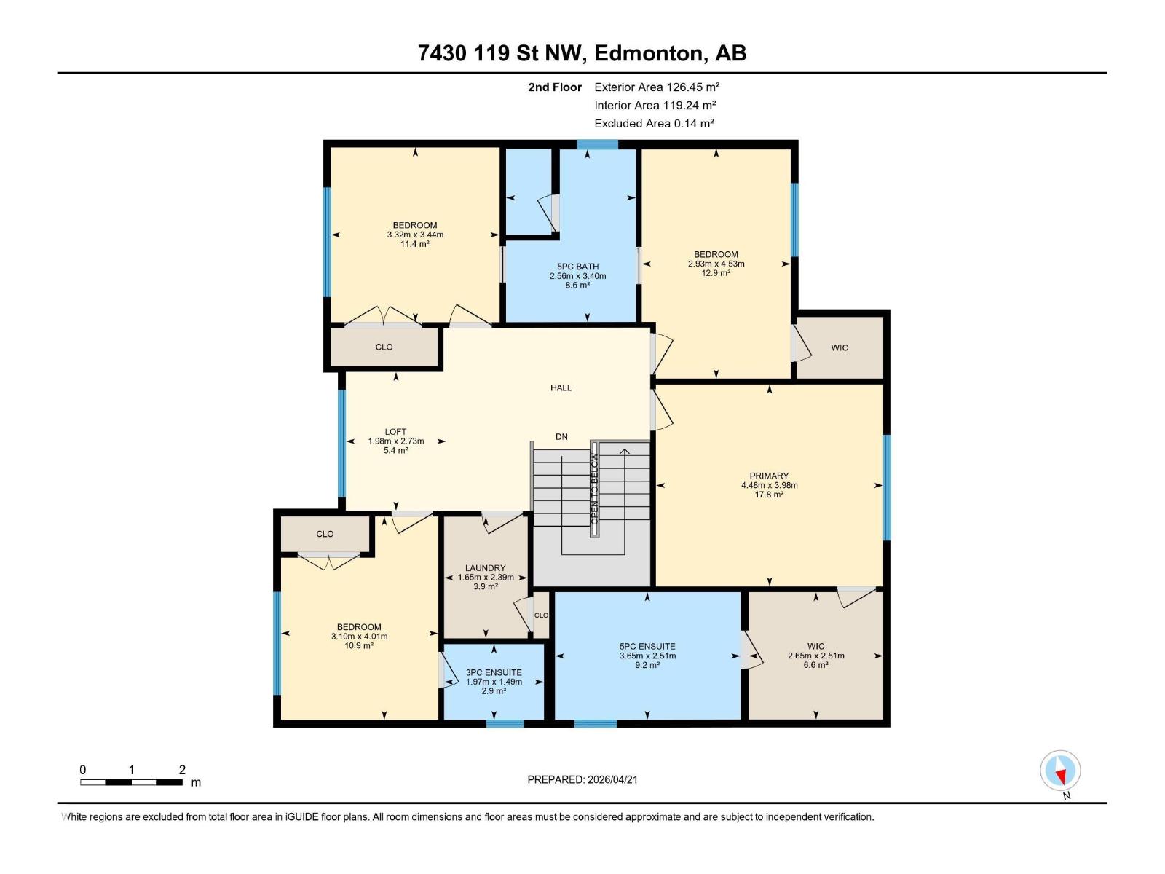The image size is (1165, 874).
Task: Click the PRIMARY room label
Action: coord(769,476)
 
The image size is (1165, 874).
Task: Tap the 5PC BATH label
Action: coord(577,267)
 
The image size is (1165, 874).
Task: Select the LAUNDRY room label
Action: coord(485,568)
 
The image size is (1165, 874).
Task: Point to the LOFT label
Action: coord(395,432)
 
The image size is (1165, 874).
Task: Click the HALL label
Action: coord(561,387)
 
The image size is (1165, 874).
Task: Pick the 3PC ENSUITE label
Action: coord(494,672)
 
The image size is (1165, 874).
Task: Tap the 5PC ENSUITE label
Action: coord(647,646)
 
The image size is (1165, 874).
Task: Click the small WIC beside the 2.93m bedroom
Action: coord(840,347)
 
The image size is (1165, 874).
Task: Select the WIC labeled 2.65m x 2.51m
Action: coord(815,646)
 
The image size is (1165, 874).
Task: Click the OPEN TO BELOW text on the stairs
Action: coord(594,489)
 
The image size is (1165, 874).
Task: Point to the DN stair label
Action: coord(561,437)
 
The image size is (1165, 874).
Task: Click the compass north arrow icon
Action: coord(1060,771)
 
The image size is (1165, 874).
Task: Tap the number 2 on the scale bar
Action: coord(182,770)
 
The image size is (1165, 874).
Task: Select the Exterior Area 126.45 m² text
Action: coord(657,87)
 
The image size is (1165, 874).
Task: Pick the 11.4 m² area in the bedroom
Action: coord(414,244)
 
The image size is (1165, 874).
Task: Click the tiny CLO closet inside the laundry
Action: coord(541,615)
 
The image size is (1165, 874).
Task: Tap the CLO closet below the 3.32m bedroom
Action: coord(384,347)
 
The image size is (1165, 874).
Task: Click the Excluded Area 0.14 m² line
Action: coord(654,123)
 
